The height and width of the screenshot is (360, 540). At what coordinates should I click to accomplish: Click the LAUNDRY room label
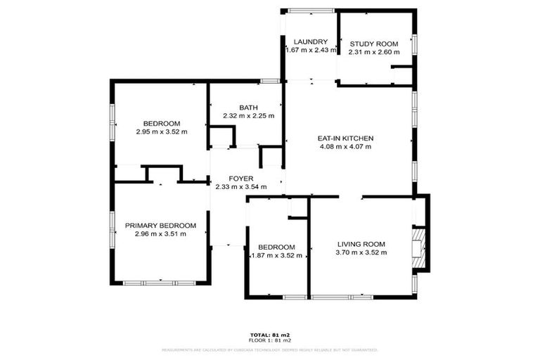click(x=310, y=41)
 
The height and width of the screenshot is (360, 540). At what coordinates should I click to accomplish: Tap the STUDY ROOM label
click(x=375, y=44)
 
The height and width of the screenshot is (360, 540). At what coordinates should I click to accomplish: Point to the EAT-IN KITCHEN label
click(x=346, y=139)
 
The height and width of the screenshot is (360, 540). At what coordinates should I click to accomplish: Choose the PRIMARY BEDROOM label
click(x=160, y=226)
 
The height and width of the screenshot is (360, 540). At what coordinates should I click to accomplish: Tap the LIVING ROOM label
click(x=360, y=244)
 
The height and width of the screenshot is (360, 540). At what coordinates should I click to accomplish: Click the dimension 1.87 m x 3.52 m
click(x=276, y=256)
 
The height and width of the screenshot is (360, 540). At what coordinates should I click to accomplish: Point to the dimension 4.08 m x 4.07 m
click(x=345, y=147)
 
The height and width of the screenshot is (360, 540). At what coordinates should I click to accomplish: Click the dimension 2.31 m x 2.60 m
click(x=374, y=52)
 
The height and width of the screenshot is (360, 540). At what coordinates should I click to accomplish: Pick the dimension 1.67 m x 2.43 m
click(x=311, y=50)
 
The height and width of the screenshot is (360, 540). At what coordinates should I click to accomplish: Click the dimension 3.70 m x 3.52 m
click(x=360, y=252)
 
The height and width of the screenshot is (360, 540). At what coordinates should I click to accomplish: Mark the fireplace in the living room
click(x=419, y=247)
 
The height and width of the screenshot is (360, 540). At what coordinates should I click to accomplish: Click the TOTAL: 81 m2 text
click(x=270, y=335)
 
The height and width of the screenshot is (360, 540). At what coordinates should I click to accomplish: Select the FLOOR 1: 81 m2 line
click(x=270, y=340)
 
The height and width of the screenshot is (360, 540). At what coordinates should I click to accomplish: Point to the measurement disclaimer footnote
click(x=270, y=349)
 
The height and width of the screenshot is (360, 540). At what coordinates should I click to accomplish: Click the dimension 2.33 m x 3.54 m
click(x=240, y=187)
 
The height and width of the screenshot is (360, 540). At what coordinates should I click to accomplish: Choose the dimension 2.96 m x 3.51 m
click(x=160, y=234)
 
